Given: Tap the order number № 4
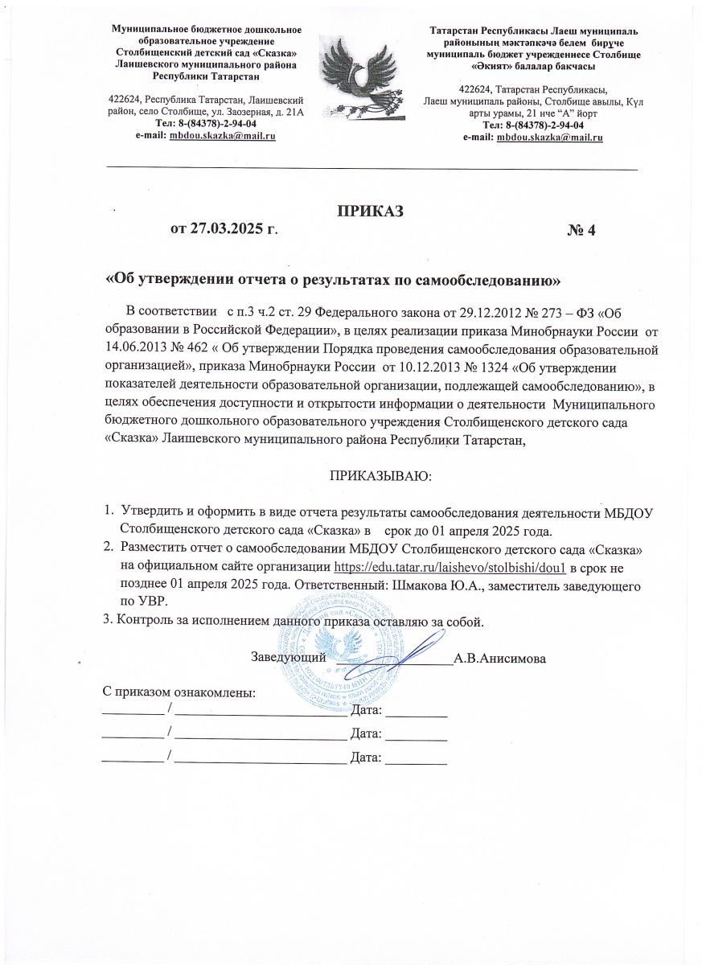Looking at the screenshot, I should point(581,231).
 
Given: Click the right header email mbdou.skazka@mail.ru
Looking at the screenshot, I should point(550,138).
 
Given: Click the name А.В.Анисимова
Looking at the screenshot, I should point(500,659).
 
